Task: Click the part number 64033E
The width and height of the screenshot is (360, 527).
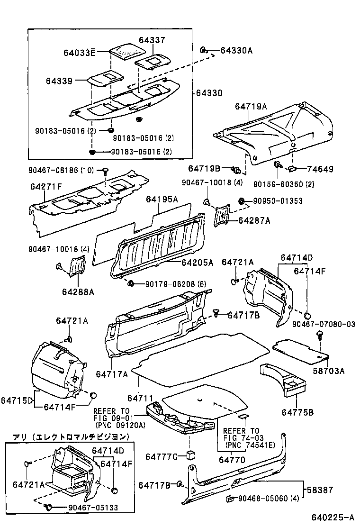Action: click(x=79, y=52)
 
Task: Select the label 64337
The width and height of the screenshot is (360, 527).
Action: click(x=152, y=40)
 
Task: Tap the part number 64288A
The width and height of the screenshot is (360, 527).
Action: click(x=78, y=291)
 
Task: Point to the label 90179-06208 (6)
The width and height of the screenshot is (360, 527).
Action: click(x=170, y=283)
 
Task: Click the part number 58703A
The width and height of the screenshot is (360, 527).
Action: click(x=328, y=371)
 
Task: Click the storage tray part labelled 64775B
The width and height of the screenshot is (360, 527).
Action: click(x=284, y=379)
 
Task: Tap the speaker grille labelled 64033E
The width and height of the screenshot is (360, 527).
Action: click(x=125, y=49)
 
